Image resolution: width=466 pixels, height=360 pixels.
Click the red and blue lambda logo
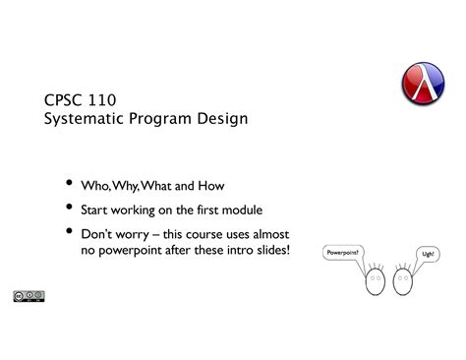(423, 84)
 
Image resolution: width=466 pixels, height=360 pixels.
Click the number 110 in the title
(102, 100)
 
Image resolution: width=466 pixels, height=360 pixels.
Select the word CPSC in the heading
(63, 100)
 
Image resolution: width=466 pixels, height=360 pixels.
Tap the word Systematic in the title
(84, 119)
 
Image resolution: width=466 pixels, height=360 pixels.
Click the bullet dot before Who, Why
(69, 183)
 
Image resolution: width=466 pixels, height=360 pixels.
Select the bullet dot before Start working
(69, 207)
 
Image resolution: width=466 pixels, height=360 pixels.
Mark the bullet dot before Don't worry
(69, 231)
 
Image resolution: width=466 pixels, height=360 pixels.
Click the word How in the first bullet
(211, 186)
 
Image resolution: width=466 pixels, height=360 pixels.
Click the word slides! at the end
(273, 250)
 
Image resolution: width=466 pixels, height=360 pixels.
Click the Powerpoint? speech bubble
(343, 253)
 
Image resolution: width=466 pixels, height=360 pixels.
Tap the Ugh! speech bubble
(428, 254)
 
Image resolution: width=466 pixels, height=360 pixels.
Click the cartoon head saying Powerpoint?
(376, 281)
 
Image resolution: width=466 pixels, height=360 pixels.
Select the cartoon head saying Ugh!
(403, 281)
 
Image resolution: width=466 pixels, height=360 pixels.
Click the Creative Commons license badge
(29, 296)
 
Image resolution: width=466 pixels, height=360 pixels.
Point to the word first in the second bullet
(207, 210)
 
